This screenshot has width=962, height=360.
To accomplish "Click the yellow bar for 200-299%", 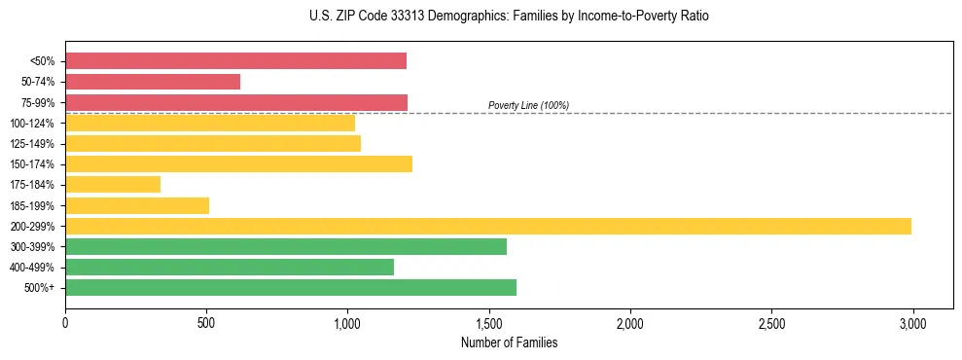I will click(488, 226).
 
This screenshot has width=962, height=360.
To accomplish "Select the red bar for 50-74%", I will click(153, 82).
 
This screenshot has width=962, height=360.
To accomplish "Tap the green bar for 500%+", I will click(291, 287).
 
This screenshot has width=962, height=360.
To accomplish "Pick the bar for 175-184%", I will click(113, 184).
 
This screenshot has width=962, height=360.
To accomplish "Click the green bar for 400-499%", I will click(230, 267).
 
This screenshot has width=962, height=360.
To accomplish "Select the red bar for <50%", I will click(235, 61).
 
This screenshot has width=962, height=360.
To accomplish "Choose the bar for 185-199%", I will click(137, 205).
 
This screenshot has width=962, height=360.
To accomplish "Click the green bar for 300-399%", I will click(286, 246).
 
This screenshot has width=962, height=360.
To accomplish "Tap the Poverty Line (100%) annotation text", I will click(528, 105).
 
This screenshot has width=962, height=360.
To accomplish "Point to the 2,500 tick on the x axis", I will click(771, 321).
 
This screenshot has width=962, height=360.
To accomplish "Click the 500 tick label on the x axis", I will click(206, 321).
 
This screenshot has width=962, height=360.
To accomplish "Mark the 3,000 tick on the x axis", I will click(912, 321).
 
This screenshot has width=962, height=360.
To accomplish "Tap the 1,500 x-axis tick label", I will click(489, 321).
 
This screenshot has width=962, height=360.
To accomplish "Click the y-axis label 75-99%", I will click(38, 103).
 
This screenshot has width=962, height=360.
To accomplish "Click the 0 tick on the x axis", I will click(65, 321).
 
